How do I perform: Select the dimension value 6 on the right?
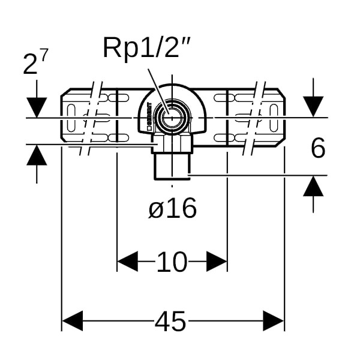coord(317,148)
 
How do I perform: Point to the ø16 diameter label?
coord(172,209)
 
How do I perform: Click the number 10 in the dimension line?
coord(172,262)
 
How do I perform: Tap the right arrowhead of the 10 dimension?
coord(217,262)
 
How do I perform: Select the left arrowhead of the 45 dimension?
coord(72,321)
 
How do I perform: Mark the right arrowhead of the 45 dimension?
coord(274,321)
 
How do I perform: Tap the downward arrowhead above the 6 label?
coord(313,107)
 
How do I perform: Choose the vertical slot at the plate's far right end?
coord(274,116)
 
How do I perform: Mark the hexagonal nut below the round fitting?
coord(172,143)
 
